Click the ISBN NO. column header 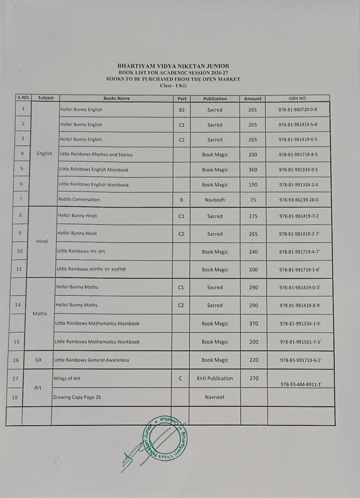[x=297, y=99]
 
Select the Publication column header [x=215, y=99]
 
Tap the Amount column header [x=252, y=99]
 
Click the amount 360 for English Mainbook [x=253, y=170]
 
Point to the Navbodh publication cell [x=215, y=200]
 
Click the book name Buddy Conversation [x=79, y=199]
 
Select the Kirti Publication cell [x=215, y=378]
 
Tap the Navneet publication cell [x=214, y=397]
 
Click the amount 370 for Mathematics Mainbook [x=253, y=323]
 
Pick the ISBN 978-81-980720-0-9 [x=297, y=110]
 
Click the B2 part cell [x=182, y=110]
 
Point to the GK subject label [x=39, y=360]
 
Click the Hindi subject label [x=42, y=241]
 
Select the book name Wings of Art [x=67, y=378]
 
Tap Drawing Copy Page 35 [x=77, y=397]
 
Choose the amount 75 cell [x=253, y=200]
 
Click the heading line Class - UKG [x=173, y=86]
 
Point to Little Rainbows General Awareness [x=91, y=360]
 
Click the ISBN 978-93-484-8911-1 [x=301, y=384]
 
